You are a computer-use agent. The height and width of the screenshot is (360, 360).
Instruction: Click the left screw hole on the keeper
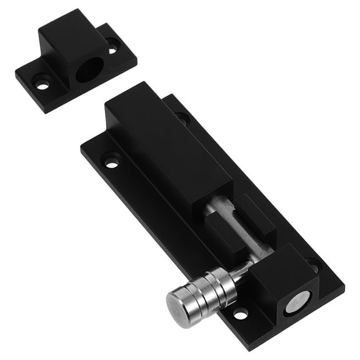coord(42,81)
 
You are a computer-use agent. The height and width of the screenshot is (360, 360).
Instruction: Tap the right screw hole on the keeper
coord(112,44)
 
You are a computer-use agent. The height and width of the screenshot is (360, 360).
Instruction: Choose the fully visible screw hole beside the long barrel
coord(112,161)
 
